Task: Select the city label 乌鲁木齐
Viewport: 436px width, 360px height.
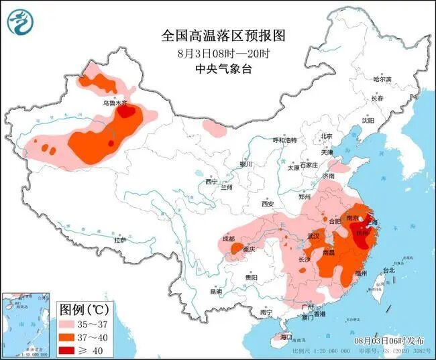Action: (x=114, y=104)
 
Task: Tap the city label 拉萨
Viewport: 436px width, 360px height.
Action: (x=121, y=239)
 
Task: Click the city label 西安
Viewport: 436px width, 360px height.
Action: (x=268, y=203)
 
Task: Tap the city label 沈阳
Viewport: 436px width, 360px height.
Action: (x=368, y=121)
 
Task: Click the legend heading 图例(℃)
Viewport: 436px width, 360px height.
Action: (x=84, y=310)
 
